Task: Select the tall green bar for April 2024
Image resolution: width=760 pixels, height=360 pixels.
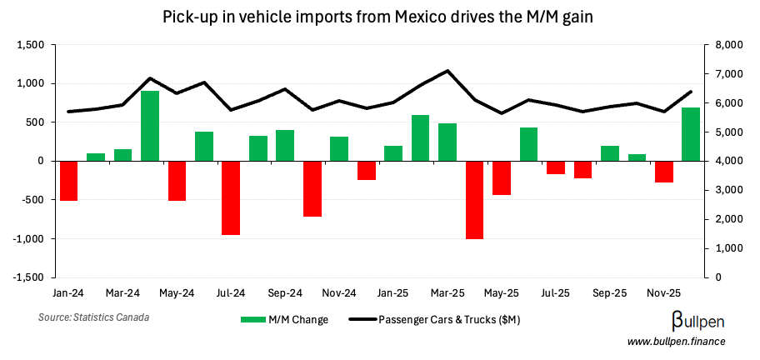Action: (150, 125)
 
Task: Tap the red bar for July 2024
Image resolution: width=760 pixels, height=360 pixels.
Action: (231, 197)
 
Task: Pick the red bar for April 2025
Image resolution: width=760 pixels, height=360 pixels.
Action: (474, 199)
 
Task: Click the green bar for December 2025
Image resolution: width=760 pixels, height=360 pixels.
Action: (691, 134)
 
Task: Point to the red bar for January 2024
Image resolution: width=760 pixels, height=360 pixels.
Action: (68, 180)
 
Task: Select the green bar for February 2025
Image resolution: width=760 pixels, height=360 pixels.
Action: (420, 137)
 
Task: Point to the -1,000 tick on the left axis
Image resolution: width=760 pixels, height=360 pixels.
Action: (30, 238)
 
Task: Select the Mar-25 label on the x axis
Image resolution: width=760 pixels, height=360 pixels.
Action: (447, 293)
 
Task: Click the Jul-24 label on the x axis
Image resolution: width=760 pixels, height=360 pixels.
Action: (231, 293)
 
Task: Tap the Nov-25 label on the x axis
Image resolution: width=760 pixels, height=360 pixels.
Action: (664, 293)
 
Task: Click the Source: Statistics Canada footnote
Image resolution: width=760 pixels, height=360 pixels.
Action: (87, 317)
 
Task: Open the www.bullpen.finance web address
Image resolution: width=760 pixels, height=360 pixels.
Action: (676, 342)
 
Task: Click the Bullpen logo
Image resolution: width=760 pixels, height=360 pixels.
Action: (697, 321)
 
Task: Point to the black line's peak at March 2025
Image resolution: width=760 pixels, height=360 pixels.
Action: (448, 71)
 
